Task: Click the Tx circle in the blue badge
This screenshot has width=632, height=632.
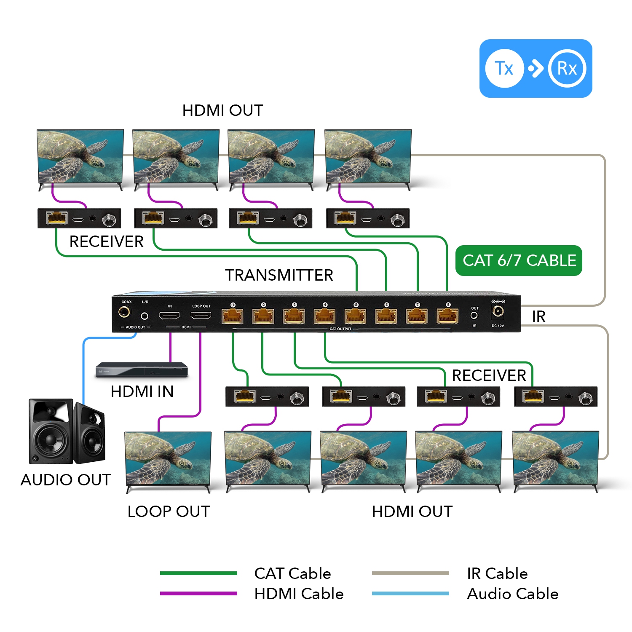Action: pyautogui.click(x=504, y=68)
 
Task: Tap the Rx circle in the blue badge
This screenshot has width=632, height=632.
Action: pyautogui.click(x=567, y=68)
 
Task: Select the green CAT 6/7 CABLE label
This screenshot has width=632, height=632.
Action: pyautogui.click(x=519, y=260)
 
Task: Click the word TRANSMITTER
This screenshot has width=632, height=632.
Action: pyautogui.click(x=279, y=275)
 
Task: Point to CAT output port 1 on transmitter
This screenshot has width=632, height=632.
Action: pyautogui.click(x=233, y=316)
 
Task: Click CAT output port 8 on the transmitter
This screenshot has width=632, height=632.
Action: pyautogui.click(x=447, y=316)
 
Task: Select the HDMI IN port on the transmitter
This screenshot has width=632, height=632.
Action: pyautogui.click(x=169, y=316)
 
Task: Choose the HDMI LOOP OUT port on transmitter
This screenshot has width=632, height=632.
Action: pyautogui.click(x=201, y=316)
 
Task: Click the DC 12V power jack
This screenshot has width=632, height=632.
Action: pyautogui.click(x=498, y=311)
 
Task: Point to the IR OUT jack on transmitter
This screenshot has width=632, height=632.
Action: pyautogui.click(x=474, y=315)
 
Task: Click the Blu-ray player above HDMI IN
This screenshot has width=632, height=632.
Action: pyautogui.click(x=141, y=370)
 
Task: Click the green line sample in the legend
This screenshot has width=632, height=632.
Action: pyautogui.click(x=198, y=573)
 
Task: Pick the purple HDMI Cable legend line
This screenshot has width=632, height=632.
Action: pyautogui.click(x=198, y=593)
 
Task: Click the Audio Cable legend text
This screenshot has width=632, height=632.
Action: pyautogui.click(x=513, y=594)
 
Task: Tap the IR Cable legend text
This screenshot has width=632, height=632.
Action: pyautogui.click(x=497, y=573)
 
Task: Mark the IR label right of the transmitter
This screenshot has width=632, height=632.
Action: pyautogui.click(x=538, y=316)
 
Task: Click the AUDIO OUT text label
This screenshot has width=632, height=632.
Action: pyautogui.click(x=66, y=480)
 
